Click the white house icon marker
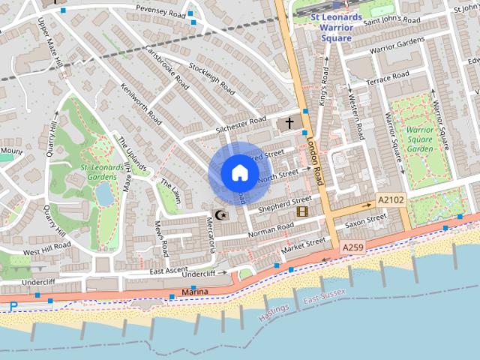[x=239, y=173]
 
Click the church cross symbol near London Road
[x=289, y=121]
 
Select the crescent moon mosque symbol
[x=220, y=215]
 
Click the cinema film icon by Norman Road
[x=302, y=212]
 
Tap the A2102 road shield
[x=390, y=200]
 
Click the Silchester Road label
[x=241, y=124]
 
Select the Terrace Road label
[x=388, y=76]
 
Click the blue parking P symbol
[x=13, y=306]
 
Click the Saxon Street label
[x=365, y=220]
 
